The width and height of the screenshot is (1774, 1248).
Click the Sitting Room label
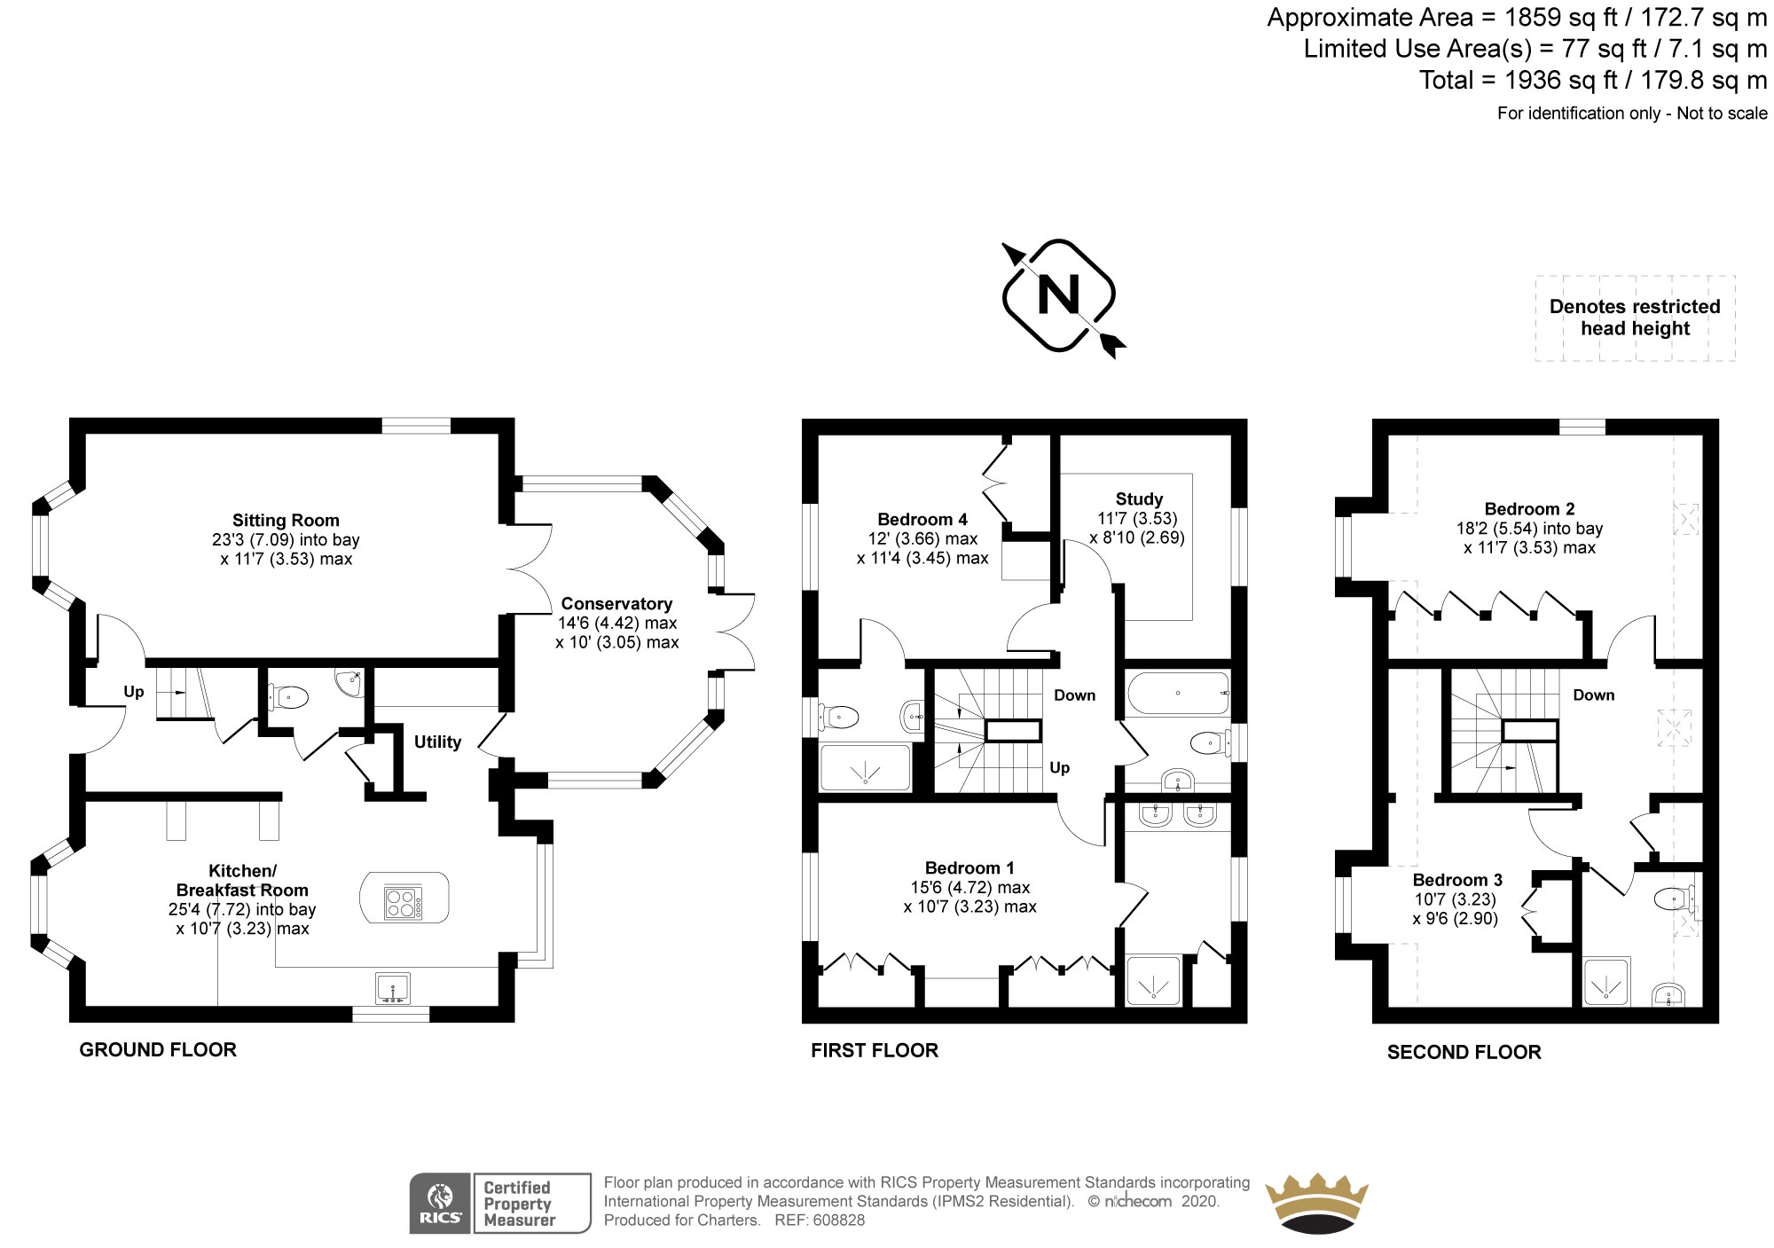[x=286, y=521]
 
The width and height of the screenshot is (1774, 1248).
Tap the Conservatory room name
[x=616, y=604]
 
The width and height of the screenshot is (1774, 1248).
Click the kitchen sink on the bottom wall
[x=392, y=988]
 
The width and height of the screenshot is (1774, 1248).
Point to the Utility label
[x=437, y=742]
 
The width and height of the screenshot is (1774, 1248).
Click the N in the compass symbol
[x=1058, y=294]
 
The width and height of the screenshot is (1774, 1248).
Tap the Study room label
[x=1139, y=499]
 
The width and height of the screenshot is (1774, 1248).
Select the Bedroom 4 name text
[x=922, y=520]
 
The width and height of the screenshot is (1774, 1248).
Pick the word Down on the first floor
[x=1074, y=695]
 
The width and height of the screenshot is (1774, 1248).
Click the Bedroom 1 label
[x=969, y=868]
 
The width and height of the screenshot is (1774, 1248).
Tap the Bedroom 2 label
[x=1529, y=509]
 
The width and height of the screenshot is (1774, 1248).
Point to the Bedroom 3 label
[x=1457, y=880]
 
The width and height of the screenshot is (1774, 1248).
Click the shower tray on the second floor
[x=1607, y=982]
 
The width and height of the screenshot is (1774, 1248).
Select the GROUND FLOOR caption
[x=158, y=1050]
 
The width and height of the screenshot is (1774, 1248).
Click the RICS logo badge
[x=441, y=1204]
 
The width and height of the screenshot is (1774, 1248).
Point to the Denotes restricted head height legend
[x=1635, y=318]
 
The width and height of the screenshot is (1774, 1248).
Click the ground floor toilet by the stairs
[x=287, y=697]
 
